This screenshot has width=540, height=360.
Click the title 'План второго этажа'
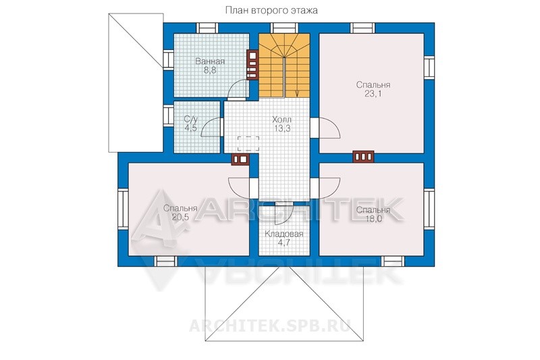point(271,10)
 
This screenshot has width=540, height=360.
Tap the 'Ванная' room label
point(210,61)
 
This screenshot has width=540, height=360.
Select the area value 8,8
point(210,71)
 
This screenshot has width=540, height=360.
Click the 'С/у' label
point(191,119)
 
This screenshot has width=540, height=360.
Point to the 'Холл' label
point(281,120)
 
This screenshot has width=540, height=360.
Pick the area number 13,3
point(282,128)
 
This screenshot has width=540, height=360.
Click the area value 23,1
point(373,94)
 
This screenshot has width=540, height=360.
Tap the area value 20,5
point(180,217)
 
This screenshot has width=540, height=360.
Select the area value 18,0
point(373,219)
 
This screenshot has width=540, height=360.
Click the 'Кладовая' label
point(284,234)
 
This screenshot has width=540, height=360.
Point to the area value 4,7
point(284,242)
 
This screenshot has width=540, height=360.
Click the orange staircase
point(284,65)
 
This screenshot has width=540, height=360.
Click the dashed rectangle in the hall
point(248,143)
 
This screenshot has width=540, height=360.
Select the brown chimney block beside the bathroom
point(252,65)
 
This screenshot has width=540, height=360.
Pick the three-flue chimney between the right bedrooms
point(363,157)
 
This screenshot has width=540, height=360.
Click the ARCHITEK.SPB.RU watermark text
point(271,326)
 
